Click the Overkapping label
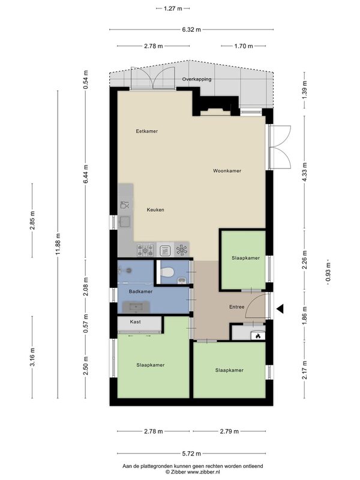(197, 79)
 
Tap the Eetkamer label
(146, 131)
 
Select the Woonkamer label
(227, 171)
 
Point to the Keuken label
(155, 210)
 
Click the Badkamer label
(140, 292)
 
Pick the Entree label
(236, 307)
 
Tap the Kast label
(136, 322)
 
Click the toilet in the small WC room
(167, 272)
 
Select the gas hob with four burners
(145, 250)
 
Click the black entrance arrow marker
(280, 309)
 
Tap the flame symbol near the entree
(258, 336)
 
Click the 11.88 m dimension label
(58, 244)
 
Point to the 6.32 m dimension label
(191, 29)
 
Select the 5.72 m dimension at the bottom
(191, 454)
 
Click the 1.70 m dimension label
(244, 46)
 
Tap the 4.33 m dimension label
(304, 172)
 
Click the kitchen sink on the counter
(125, 221)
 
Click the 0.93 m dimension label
(328, 273)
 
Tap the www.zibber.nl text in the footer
(203, 472)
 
